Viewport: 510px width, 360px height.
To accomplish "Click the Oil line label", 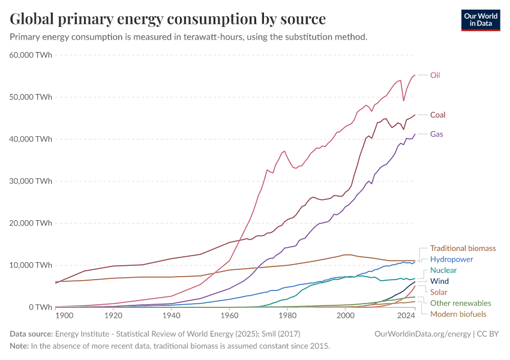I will point(436,75).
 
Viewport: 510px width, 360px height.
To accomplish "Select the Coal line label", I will point(437,115).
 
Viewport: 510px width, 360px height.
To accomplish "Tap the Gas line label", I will point(436,134).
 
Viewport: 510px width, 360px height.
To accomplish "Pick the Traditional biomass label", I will point(463,248).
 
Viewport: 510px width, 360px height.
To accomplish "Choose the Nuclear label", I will point(443,271).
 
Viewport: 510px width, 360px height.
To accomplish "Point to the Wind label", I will point(439,281).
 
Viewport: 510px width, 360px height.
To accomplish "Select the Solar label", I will point(439,292).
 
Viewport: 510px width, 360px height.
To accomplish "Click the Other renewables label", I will point(460,303).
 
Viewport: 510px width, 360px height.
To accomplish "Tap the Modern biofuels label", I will point(458,314).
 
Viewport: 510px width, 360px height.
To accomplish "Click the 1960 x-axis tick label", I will point(229,315).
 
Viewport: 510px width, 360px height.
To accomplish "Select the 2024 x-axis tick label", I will point(406,315).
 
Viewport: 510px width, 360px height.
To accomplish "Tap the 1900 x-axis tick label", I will point(64,315).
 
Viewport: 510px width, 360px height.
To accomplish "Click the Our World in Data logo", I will point(480,19).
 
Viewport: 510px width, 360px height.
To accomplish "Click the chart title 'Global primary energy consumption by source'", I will point(168,19).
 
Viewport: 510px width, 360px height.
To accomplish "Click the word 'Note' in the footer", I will point(20,346).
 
